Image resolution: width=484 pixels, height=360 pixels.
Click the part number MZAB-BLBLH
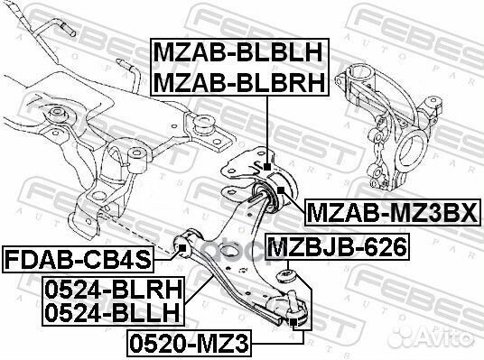(238, 51)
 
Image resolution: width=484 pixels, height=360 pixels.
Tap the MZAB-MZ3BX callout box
(394, 213)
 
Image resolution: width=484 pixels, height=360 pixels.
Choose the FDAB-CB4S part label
(76, 260)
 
